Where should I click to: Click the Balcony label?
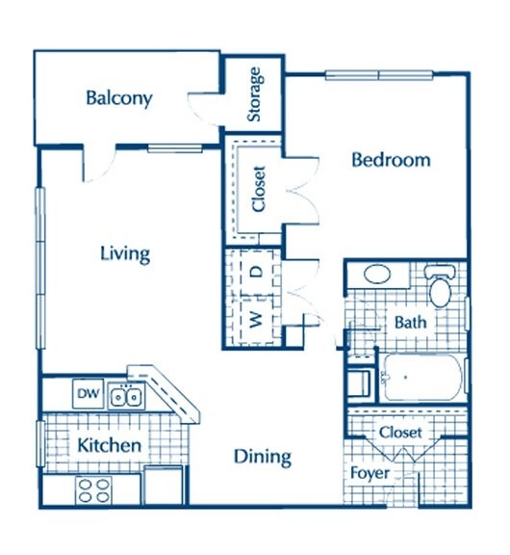click(119, 98)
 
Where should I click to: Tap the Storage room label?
click(255, 94)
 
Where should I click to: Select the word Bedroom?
click(391, 160)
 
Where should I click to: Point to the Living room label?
click(125, 254)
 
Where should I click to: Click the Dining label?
click(263, 458)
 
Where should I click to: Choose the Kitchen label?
click(109, 445)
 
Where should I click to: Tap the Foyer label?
click(370, 473)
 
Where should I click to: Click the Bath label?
click(410, 323)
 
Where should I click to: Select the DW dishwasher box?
click(88, 393)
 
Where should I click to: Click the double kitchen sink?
click(126, 396)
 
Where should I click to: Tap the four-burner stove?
click(93, 490)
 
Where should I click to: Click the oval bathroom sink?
click(377, 275)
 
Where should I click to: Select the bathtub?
click(422, 378)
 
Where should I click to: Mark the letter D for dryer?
click(257, 272)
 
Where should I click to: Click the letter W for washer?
click(256, 320)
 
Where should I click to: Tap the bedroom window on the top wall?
click(379, 75)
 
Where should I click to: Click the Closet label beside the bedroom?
click(259, 189)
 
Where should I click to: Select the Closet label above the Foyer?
click(400, 433)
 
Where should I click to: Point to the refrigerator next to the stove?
click(164, 486)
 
